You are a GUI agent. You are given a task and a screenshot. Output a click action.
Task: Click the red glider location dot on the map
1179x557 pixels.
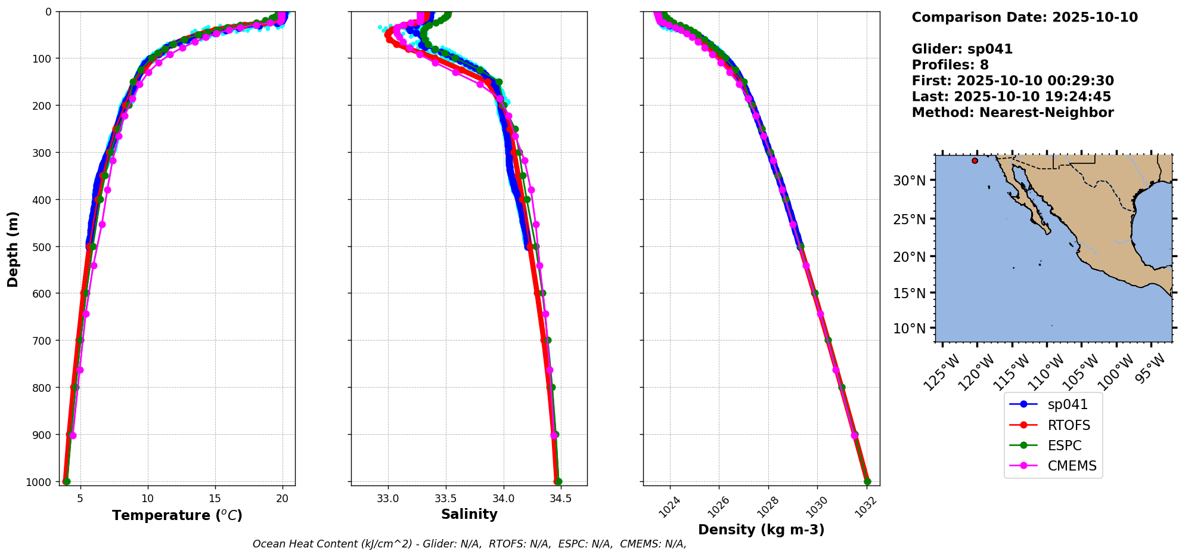975,160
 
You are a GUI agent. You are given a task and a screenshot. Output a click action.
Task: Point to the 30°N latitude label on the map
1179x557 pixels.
909,180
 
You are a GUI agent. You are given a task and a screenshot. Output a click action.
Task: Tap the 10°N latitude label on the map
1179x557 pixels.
909,328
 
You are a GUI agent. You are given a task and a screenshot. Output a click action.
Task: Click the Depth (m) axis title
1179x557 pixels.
13,249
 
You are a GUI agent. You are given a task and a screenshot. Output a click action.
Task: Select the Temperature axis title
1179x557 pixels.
177,515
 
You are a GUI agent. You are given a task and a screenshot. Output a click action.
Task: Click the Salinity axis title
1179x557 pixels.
469,514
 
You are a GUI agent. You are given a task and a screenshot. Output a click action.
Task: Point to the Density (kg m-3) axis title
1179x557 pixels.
761,530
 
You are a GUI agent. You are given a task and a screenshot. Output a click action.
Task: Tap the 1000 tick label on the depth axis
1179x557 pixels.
38,482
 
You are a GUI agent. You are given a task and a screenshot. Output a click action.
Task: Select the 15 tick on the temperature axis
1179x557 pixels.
215,499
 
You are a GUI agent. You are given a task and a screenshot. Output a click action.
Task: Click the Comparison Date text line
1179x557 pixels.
1025,17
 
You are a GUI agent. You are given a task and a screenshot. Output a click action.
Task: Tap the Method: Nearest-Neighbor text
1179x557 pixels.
1013,113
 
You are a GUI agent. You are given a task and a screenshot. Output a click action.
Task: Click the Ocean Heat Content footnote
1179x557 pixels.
469,544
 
